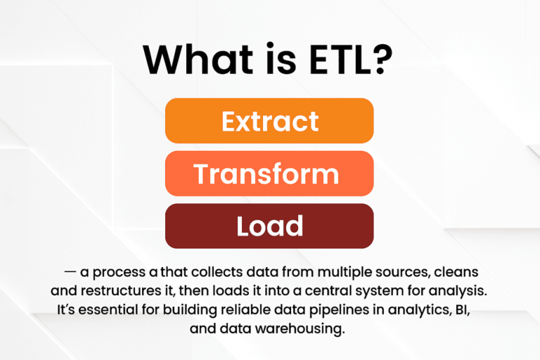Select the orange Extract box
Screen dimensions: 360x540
(269, 121)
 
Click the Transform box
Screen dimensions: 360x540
(269, 174)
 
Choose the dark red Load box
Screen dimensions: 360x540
(269, 226)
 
